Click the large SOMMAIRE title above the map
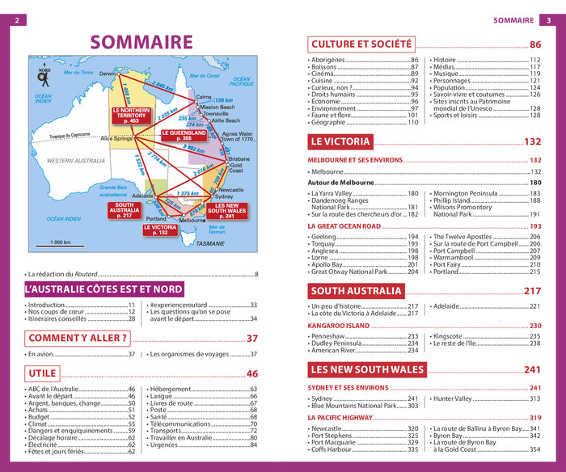tap(141, 41)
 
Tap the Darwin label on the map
tap(108, 74)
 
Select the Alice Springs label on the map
tap(116, 138)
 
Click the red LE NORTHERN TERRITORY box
tap(131, 114)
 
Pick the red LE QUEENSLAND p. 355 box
tap(187, 135)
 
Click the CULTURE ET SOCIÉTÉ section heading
tap(361, 44)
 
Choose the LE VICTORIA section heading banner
tap(340, 141)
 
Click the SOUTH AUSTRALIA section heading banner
tap(356, 291)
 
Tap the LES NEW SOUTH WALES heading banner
tap(367, 369)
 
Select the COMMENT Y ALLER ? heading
tap(78, 338)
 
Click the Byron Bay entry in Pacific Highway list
tap(455, 436)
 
